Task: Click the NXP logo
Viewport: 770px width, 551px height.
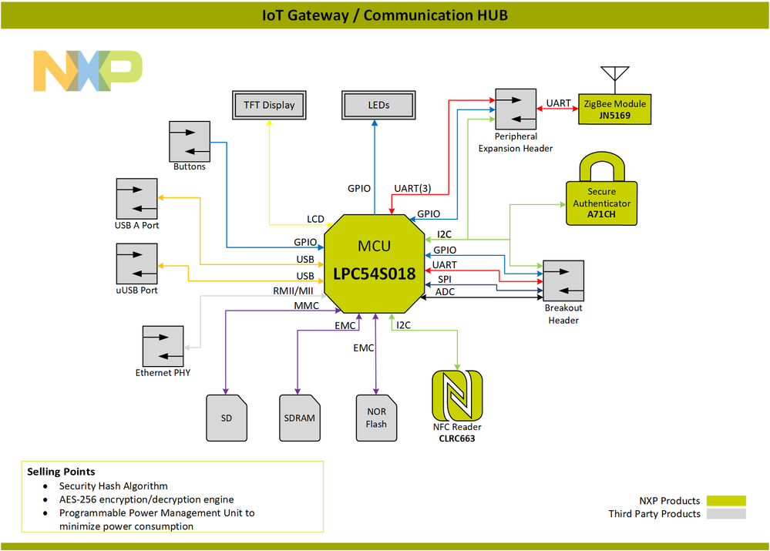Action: [88, 71]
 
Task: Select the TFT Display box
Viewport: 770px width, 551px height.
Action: [268, 105]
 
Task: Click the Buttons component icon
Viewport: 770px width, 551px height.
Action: [190, 140]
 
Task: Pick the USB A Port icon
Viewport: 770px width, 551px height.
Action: [136, 199]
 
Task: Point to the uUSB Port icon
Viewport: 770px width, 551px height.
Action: [136, 264]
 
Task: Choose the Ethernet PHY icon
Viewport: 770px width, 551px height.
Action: [163, 346]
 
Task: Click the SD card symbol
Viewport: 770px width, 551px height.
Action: [227, 418]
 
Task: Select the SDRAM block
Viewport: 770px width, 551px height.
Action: [300, 418]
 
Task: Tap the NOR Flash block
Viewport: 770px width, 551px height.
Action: [376, 418]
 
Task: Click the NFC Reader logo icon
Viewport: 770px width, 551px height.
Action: [457, 395]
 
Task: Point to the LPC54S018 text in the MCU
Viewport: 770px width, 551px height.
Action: [375, 274]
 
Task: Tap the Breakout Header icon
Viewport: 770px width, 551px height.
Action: [563, 281]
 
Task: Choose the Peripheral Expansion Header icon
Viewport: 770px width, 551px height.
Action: [516, 109]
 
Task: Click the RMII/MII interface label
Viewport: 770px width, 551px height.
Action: [293, 291]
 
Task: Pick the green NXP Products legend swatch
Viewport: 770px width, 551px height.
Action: [726, 501]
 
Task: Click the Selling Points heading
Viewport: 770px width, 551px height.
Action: [62, 471]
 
